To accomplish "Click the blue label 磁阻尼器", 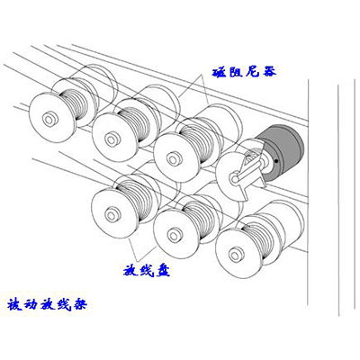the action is pyautogui.click(x=244, y=72).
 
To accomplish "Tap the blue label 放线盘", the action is pyautogui.click(x=147, y=271).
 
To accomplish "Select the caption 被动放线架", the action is pyautogui.click(x=47, y=304).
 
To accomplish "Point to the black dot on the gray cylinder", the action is pyautogui.click(x=276, y=161).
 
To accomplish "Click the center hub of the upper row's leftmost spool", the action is pyautogui.click(x=49, y=119).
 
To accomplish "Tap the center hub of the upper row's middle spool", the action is pyautogui.click(x=112, y=139).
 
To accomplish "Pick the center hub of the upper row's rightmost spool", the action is pyautogui.click(x=173, y=159).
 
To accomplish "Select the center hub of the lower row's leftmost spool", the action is pyautogui.click(x=112, y=214).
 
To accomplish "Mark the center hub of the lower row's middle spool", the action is pyautogui.click(x=174, y=234).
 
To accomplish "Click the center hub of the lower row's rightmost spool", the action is pyautogui.click(x=236, y=255).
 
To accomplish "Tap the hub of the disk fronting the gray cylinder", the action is pyautogui.click(x=234, y=178).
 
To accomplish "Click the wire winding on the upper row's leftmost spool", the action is pyautogui.click(x=75, y=105).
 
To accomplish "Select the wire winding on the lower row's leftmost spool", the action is pyautogui.click(x=136, y=201).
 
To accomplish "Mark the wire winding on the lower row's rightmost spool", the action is pyautogui.click(x=260, y=240).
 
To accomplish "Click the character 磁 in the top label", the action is pyautogui.click(x=220, y=72).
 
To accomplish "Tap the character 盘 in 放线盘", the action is pyautogui.click(x=163, y=271).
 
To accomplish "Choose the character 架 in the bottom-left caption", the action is pyautogui.click(x=79, y=304).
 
